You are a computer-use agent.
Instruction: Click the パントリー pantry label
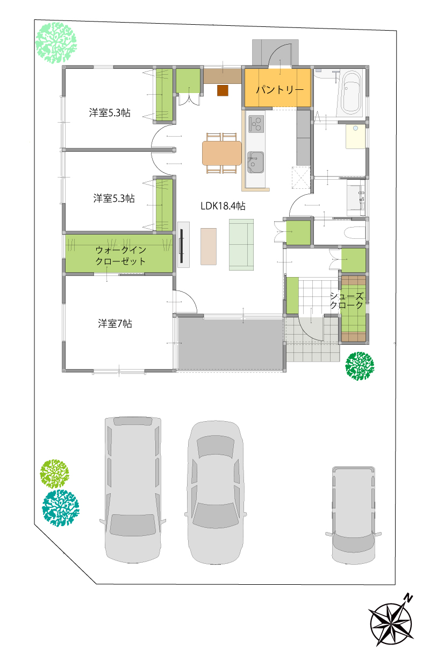[280, 89]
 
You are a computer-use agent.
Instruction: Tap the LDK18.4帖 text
[223, 206]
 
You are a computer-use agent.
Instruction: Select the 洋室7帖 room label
[114, 323]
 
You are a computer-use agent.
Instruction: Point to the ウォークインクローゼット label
[120, 256]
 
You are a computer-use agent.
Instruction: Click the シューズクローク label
[347, 301]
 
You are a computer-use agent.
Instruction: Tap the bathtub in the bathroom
[351, 93]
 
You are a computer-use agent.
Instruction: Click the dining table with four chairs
[221, 153]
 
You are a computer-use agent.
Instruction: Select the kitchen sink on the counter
[255, 162]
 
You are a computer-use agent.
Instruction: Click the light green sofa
[241, 245]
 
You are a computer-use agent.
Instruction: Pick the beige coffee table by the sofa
[209, 246]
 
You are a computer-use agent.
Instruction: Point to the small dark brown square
[223, 90]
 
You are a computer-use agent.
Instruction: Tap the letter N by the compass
[408, 598]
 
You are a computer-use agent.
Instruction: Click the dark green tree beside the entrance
[360, 366]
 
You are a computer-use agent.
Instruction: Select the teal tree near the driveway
[61, 507]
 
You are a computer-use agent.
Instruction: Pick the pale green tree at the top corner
[56, 43]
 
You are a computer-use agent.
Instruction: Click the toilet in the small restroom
[356, 232]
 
